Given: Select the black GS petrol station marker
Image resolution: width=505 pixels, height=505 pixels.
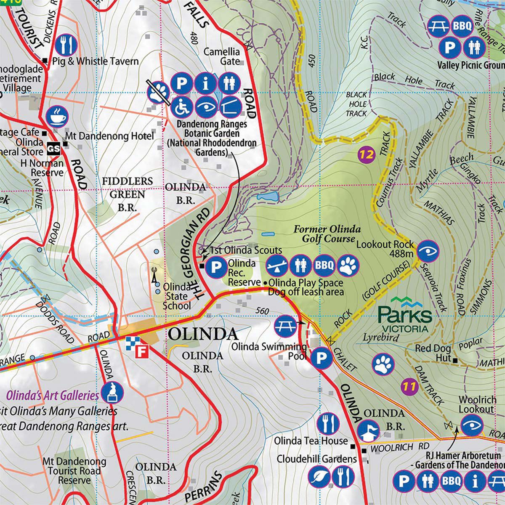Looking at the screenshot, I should point(53,148).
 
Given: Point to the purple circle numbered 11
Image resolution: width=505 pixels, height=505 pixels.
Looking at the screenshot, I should point(409,386).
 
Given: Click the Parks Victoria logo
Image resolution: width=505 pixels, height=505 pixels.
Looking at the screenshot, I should point(404,314).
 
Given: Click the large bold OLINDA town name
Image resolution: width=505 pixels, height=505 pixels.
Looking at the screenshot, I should point(203,334).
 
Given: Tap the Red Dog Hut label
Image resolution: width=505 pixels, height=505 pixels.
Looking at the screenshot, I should point(433,349).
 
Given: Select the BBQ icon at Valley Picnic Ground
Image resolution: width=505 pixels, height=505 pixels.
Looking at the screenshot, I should point(462,27).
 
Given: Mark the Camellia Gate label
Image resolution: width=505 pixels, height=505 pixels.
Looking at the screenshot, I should point(222,56).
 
